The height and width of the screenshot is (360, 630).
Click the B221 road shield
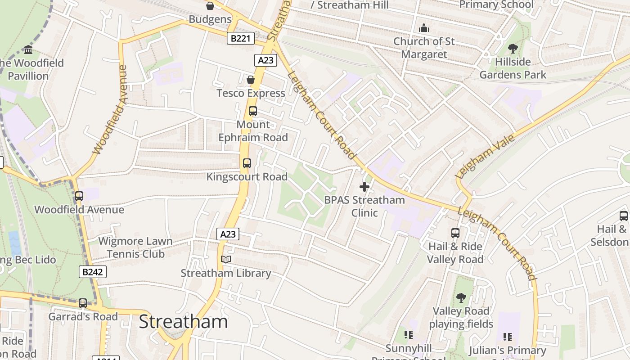pos(240,39)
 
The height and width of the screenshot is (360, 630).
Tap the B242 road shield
pos(94,272)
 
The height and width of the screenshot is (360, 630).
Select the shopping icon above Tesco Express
pos(251,80)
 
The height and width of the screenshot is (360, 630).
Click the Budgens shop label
pos(210,19)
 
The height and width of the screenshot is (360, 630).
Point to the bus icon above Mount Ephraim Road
pos(253,111)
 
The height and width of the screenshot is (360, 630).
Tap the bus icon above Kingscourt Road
pos(247,163)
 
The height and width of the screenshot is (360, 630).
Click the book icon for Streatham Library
pos(225,260)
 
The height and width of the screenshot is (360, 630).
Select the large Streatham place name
pos(183,322)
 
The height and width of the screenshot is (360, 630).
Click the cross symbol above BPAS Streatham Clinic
pos(364,187)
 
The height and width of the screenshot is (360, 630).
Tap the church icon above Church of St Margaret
pos(424,28)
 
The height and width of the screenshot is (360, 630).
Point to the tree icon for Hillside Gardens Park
pos(513,49)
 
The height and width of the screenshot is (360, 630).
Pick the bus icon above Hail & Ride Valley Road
pos(455,233)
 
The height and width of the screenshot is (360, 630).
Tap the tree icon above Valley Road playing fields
pos(461,297)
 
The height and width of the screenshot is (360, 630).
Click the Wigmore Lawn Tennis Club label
pos(135,247)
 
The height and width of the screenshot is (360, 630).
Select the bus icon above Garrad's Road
pos(83,303)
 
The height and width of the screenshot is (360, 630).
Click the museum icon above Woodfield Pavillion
pos(28,49)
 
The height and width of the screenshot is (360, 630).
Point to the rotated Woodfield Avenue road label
pos(110,110)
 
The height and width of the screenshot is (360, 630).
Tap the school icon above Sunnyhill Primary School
pos(409,335)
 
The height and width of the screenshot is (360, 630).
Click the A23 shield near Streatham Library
pos(228,234)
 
